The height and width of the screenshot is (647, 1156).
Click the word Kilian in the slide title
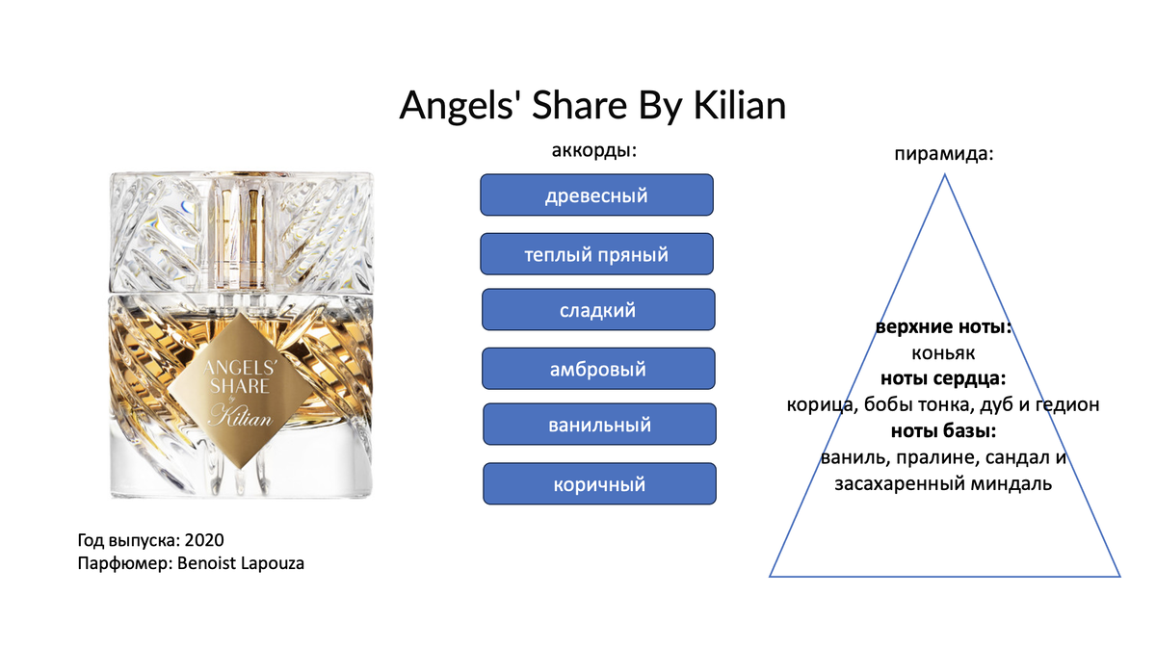click(740, 105)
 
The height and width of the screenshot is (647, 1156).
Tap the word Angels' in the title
click(461, 106)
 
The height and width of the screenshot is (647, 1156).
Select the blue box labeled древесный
click(596, 194)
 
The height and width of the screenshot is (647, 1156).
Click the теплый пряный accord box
click(596, 254)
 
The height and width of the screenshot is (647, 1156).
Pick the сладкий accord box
click(598, 310)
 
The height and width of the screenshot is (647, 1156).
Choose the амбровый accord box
click(598, 369)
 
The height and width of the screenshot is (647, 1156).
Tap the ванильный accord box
click(599, 424)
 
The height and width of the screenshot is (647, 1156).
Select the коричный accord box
click(599, 483)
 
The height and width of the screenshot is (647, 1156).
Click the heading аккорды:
click(594, 150)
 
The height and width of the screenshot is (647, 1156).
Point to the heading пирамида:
click(944, 154)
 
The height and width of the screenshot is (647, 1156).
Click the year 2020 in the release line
click(204, 540)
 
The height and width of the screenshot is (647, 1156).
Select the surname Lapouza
click(273, 563)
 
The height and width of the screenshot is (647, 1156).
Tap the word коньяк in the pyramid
click(943, 353)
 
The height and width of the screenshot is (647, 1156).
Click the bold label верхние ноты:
click(943, 326)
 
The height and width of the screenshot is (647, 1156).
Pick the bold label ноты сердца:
click(943, 378)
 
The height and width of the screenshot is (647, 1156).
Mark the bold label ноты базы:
click(943, 430)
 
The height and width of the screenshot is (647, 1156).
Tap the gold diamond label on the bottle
click(241, 391)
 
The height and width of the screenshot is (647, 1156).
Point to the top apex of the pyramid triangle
click(944, 175)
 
